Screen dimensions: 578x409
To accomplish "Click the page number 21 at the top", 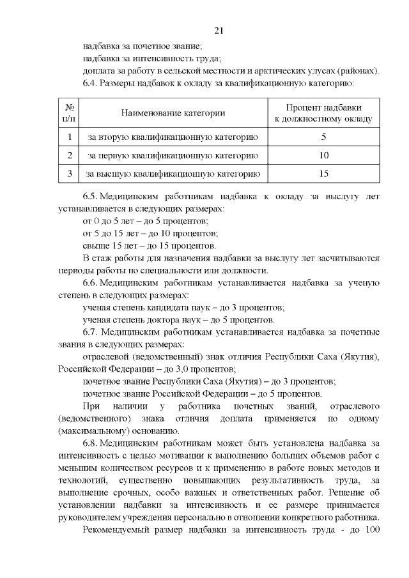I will coord(218,30).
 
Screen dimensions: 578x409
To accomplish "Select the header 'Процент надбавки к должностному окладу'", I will coord(323,113).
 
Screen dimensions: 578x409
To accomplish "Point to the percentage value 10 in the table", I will coord(323,155).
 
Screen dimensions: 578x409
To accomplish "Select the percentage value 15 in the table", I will coord(323,173).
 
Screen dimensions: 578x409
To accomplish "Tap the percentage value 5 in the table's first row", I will coord(323,137).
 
